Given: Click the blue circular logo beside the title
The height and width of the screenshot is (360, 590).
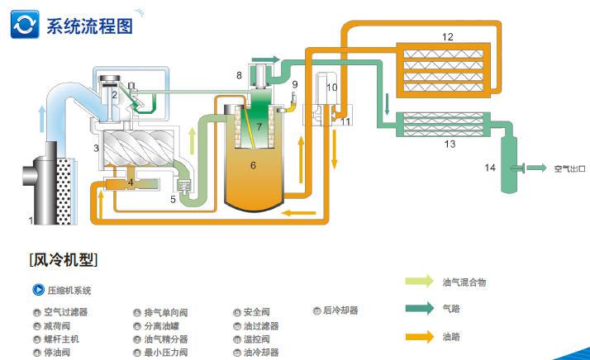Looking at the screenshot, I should [x=25, y=25].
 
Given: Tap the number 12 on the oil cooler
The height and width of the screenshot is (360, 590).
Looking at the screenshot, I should [x=448, y=37].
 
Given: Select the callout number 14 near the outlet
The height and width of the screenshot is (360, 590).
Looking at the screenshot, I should [x=490, y=168].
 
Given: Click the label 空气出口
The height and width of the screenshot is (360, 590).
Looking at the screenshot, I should [x=569, y=169].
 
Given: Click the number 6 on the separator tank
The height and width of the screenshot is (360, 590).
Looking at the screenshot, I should [x=253, y=165].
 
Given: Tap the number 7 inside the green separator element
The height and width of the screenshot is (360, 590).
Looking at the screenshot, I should [x=259, y=127].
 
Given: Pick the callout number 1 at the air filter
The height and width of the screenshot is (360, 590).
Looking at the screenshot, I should [x=31, y=220].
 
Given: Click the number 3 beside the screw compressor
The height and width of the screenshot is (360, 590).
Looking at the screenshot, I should [x=97, y=149].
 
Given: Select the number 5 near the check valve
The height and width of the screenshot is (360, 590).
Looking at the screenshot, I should [x=173, y=199].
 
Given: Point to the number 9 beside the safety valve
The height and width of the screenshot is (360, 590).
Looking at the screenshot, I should [x=294, y=85].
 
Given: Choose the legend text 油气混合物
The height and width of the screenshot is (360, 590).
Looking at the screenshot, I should [x=464, y=282].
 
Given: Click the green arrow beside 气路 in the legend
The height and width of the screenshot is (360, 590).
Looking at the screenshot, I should [x=418, y=309].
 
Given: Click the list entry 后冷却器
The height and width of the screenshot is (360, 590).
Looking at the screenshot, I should [x=340, y=311].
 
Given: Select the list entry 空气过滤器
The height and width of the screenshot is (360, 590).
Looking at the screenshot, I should [x=65, y=312].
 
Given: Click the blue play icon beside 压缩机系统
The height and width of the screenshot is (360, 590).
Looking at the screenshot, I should [x=37, y=290].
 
